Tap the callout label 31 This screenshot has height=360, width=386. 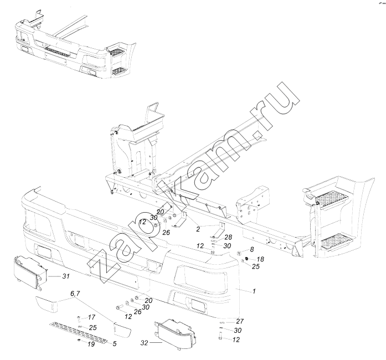[x=65, y=275]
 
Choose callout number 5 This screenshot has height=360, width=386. [x=115, y=344]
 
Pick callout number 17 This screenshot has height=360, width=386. [x=92, y=317]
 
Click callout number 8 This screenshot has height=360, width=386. [x=252, y=250]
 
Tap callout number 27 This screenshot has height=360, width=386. [x=240, y=322]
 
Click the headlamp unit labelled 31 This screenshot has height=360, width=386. [x=31, y=272]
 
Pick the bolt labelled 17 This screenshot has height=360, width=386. [x=79, y=318]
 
